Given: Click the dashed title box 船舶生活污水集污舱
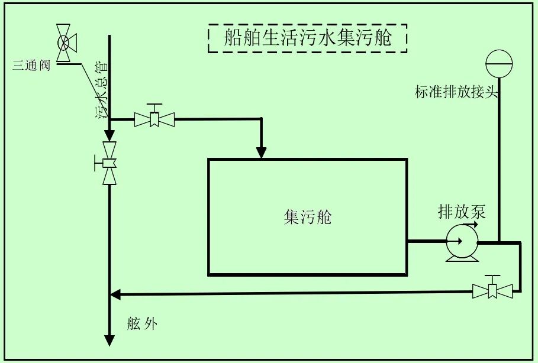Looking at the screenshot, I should (x=308, y=38).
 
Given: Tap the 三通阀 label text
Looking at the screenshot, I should (x=31, y=65).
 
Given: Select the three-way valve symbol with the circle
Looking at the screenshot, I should (x=63, y=42).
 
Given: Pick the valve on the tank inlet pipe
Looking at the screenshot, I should (x=155, y=119).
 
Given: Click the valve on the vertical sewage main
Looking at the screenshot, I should (x=109, y=163).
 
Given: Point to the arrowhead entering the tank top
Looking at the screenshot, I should (x=261, y=153).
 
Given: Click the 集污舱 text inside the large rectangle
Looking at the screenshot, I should (x=308, y=218).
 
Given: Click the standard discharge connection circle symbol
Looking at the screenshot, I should (x=500, y=61).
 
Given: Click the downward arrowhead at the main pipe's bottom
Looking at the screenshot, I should (x=109, y=341).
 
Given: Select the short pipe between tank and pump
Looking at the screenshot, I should (x=426, y=241).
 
